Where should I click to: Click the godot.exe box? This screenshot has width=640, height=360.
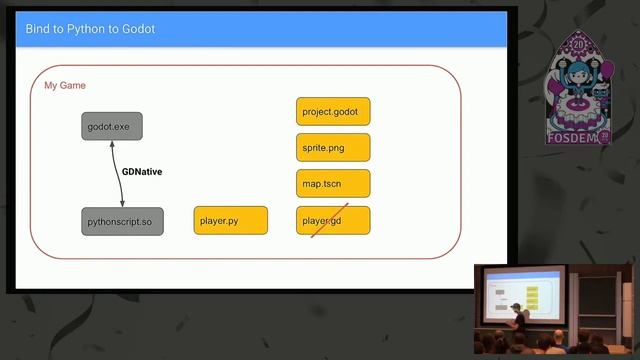pos(112,127)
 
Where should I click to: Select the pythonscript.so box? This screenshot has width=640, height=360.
pos(122,220)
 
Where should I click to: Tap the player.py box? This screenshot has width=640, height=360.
pos(230,220)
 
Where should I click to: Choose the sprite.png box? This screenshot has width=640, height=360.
pos(333,148)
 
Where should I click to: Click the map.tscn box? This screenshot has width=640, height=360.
pos(333,184)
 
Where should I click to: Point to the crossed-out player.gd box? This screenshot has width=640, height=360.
pos(333,220)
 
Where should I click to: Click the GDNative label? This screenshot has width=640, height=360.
pos(142,172)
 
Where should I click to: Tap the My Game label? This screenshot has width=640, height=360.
pos(65,86)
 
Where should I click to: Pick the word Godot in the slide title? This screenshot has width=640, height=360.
pos(137,29)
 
